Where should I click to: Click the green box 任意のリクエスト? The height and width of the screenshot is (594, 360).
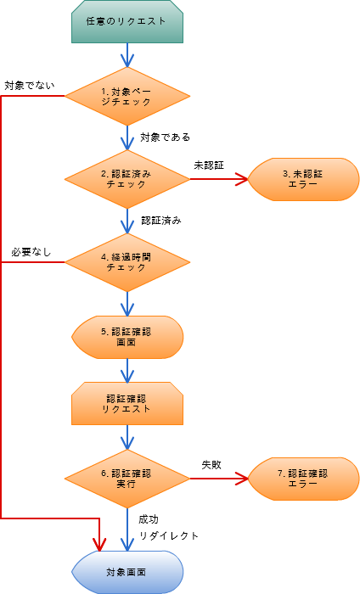click(127, 21)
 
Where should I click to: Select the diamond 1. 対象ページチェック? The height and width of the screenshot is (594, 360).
click(127, 96)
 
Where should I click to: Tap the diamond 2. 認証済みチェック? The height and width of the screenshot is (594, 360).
click(127, 179)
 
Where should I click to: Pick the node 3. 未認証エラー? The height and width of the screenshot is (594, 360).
click(303, 179)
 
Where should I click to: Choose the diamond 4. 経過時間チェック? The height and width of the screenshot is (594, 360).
click(127, 262)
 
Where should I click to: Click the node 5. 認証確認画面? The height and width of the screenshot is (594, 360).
click(127, 337)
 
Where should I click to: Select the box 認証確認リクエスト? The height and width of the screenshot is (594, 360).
click(127, 403)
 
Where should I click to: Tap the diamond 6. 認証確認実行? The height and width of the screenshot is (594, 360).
click(127, 479)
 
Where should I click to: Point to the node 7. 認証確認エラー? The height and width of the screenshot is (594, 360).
click(303, 479)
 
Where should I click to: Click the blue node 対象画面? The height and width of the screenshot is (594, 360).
click(127, 572)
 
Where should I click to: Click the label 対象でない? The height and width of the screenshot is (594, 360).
click(30, 86)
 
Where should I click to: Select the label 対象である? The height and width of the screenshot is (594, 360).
click(166, 137)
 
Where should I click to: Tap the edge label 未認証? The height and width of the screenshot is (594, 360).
click(209, 165)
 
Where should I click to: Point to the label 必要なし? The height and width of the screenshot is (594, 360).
click(31, 252)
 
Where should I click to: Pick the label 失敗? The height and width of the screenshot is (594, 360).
click(211, 465)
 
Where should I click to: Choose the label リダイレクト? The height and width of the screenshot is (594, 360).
click(169, 535)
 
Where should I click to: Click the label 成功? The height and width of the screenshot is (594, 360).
click(149, 519)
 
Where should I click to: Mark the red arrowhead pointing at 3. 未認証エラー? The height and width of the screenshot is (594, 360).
click(242, 179)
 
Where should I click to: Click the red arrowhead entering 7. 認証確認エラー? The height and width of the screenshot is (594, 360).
click(242, 479)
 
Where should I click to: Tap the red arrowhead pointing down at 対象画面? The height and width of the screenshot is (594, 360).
click(99, 545)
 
